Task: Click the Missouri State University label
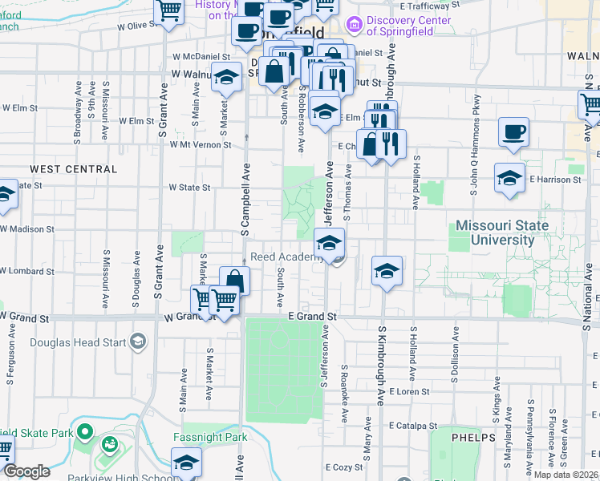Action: (x=502, y=232)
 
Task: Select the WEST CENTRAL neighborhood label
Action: (x=73, y=169)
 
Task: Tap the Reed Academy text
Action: (x=286, y=257)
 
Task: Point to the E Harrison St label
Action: (x=555, y=180)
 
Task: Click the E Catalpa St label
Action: (x=413, y=426)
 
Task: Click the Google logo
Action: (x=26, y=471)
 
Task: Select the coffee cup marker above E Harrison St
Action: (x=513, y=133)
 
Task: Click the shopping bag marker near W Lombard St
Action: (x=235, y=281)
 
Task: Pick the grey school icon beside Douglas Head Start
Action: (x=137, y=343)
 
